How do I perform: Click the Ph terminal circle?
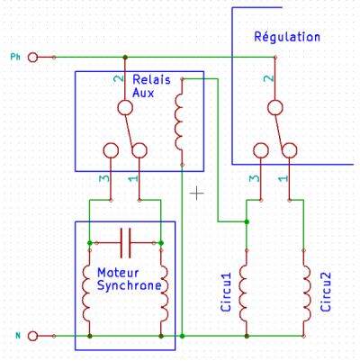click(32, 58)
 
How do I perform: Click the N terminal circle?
click(32, 336)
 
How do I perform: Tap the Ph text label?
click(15, 57)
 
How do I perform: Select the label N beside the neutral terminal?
click(18, 336)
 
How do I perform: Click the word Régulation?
click(287, 37)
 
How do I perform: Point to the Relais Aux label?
click(151, 86)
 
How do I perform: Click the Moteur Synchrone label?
click(130, 279)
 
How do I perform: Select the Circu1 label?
click(226, 292)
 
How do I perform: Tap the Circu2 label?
click(326, 292)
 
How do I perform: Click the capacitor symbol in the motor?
click(125, 243)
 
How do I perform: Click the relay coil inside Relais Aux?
click(179, 122)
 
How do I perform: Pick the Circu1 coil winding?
click(243, 293)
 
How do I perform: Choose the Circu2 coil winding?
click(307, 293)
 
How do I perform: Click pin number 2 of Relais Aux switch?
click(119, 78)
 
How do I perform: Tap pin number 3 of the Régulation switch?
click(254, 178)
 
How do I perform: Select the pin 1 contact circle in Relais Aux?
click(139, 150)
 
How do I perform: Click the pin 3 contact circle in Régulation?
click(261, 150)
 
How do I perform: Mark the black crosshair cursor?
click(197, 194)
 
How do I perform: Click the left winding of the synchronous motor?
click(86, 293)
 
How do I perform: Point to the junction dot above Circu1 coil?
click(247, 221)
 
